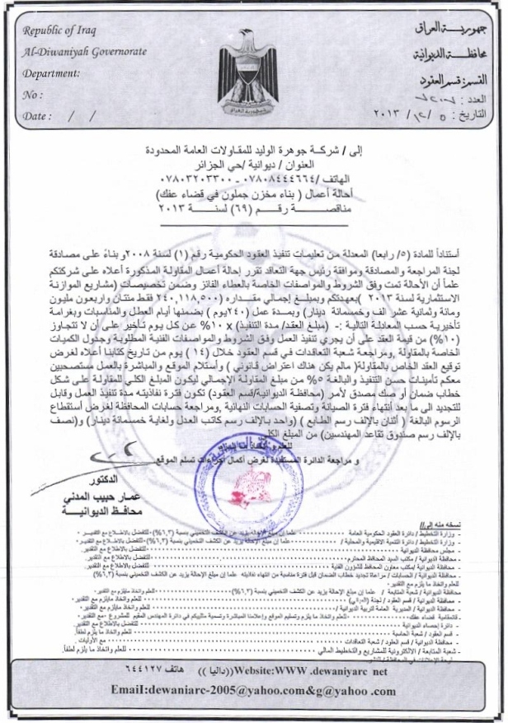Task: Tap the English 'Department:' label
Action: click(x=51, y=73)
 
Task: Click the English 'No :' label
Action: click(x=33, y=95)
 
